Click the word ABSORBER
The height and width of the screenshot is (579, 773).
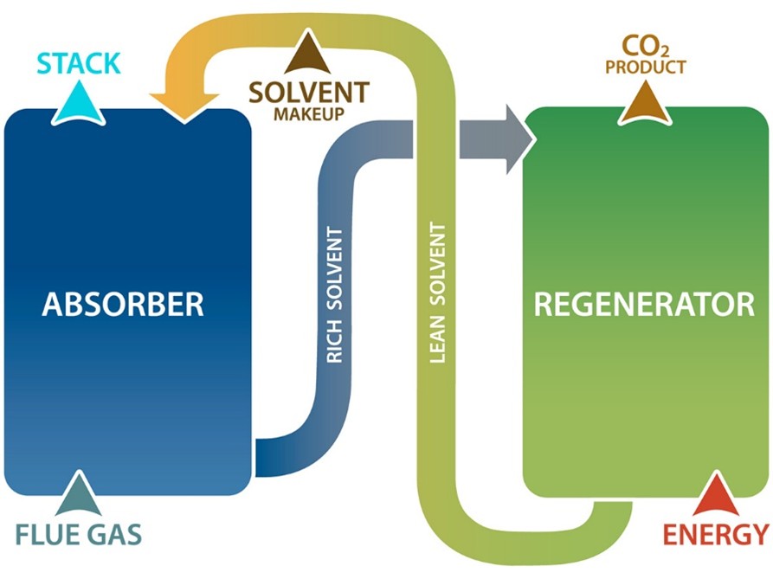(x=123, y=305)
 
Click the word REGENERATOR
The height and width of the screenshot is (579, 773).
(x=644, y=305)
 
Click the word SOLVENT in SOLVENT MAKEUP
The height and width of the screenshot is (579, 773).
(x=309, y=93)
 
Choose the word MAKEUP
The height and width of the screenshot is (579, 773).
(x=309, y=114)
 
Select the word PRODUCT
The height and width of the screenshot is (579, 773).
(x=645, y=67)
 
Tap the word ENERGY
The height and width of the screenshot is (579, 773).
(x=715, y=534)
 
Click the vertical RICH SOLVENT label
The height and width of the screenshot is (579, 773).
(x=337, y=294)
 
